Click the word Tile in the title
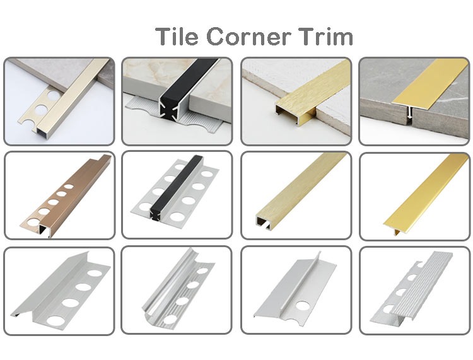pos(177,37)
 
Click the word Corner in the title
pos(249,37)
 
